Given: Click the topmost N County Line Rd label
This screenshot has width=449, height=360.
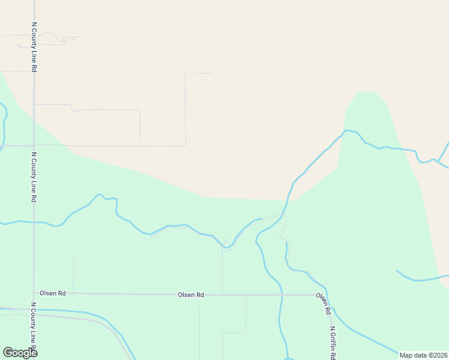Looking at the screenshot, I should (34, 48).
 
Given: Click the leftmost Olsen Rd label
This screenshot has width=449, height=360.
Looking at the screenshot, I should (52, 293).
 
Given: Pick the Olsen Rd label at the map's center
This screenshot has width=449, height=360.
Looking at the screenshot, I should (191, 295).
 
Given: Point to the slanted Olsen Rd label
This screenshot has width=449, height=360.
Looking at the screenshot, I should (324, 304).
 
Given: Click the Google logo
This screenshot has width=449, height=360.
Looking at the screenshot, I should (20, 353).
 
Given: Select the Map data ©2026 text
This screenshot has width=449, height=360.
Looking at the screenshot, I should (423, 355).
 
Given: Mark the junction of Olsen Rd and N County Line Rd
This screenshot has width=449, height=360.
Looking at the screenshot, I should (34, 293).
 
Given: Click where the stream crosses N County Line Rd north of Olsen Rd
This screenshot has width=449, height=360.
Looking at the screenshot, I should (34, 222).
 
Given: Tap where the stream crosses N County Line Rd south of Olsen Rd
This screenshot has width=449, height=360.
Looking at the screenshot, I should (34, 310).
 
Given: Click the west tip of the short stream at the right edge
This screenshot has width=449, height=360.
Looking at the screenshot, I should (397, 271).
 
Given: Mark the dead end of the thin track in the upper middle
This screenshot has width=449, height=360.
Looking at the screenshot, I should (212, 73).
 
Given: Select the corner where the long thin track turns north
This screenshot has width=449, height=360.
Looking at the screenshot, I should (185, 145).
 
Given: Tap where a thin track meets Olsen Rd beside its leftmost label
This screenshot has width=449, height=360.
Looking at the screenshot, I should (73, 293).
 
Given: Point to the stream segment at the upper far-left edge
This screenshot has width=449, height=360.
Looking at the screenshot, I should (4, 123).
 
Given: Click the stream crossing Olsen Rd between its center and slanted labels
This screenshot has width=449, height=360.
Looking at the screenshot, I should (280, 295).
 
